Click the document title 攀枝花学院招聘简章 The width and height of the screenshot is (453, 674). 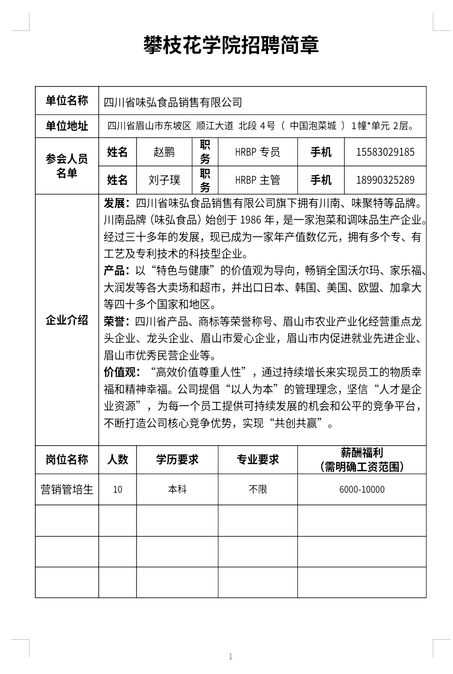231,45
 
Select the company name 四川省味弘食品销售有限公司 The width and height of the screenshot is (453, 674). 173,102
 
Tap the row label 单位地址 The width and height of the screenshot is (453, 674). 67,126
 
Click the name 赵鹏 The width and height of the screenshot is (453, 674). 164,152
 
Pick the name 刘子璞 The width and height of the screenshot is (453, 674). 164,180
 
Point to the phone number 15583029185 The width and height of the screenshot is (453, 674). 385,152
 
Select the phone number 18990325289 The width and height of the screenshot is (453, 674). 385,180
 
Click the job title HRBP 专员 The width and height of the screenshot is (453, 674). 257,152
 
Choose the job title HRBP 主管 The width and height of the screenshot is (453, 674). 257,180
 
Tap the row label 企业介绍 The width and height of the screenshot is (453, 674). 67,320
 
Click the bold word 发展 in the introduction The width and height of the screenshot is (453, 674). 115,203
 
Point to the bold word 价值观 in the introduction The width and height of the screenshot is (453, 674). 119,372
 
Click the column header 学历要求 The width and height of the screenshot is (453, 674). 177,460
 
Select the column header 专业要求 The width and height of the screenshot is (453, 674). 258,460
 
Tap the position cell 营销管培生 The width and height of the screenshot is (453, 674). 67,489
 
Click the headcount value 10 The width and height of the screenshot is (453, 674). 117,489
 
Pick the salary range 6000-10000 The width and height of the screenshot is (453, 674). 362,489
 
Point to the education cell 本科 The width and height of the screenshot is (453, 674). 177,489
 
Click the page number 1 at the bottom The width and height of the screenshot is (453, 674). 231,656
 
